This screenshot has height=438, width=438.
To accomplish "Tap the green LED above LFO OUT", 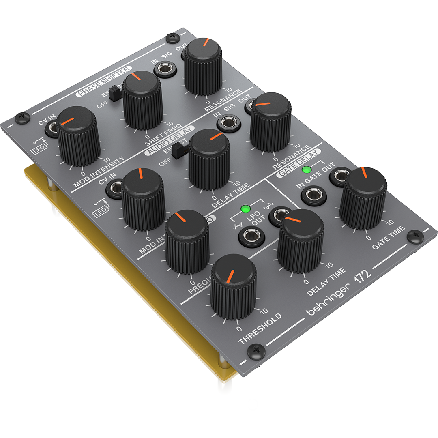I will click(x=245, y=209).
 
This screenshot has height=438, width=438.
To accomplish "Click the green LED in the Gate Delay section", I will click(x=307, y=170).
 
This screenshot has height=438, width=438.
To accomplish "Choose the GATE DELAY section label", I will click(x=299, y=162).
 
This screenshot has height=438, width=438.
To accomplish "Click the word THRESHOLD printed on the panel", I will click(x=260, y=328).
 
